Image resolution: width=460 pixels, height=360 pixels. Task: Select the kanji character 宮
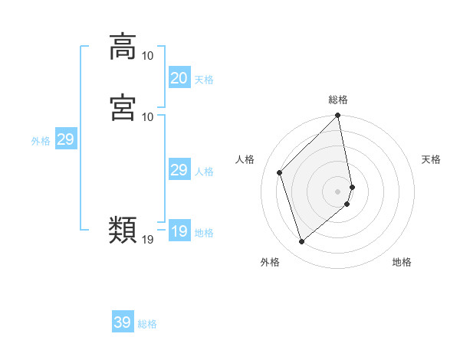(123, 106)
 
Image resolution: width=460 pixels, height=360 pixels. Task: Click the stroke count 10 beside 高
(147, 56)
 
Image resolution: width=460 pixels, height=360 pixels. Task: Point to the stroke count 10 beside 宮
(147, 116)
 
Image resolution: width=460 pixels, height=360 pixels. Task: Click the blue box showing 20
(179, 78)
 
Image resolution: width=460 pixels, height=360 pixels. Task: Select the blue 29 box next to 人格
(179, 170)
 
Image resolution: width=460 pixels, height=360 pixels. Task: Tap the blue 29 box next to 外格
(65, 139)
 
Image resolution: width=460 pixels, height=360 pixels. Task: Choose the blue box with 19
(179, 231)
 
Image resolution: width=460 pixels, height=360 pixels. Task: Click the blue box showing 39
(123, 322)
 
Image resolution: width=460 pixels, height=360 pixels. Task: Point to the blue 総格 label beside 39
(147, 324)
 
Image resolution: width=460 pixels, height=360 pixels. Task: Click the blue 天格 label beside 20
(204, 80)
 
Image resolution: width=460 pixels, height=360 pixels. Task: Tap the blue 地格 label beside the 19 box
(204, 233)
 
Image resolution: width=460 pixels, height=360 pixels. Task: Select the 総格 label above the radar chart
(338, 100)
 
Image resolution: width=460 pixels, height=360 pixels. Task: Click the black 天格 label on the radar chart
(431, 159)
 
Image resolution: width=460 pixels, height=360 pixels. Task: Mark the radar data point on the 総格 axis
(338, 116)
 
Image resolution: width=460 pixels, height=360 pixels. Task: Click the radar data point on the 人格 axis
(280, 172)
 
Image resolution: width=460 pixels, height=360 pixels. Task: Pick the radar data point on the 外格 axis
(301, 242)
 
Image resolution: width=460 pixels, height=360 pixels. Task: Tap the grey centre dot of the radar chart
(338, 191)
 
